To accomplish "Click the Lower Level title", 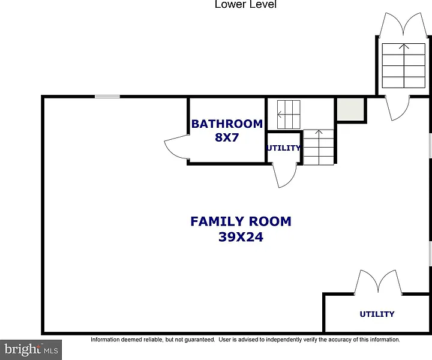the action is pyautogui.click(x=245, y=4).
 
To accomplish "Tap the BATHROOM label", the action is pyautogui.click(x=227, y=124).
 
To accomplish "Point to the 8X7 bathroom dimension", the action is pyautogui.click(x=227, y=137).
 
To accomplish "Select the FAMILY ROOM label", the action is pyautogui.click(x=241, y=221).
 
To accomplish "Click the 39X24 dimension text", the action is pyautogui.click(x=241, y=237).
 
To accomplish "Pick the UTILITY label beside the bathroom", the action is pyautogui.click(x=283, y=148).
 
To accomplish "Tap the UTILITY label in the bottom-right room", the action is pyautogui.click(x=377, y=314).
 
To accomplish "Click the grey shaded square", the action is pyautogui.click(x=350, y=109).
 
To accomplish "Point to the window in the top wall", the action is pyautogui.click(x=107, y=97).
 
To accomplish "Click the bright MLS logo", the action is pyautogui.click(x=31, y=350).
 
